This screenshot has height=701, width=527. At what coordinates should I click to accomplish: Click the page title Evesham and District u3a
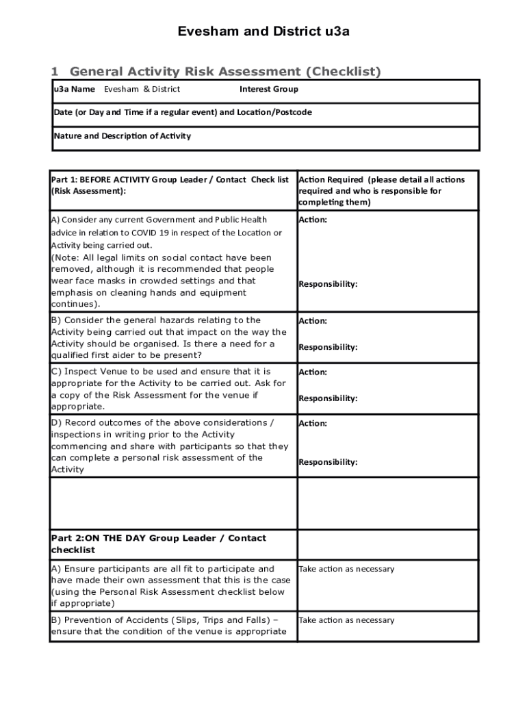[263, 31]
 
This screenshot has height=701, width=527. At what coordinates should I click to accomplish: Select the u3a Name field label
[75, 89]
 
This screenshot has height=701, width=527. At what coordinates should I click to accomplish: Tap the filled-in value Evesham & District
[142, 89]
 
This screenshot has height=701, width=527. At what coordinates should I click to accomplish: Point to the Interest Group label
[268, 89]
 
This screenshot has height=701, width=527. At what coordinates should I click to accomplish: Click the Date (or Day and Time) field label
[183, 112]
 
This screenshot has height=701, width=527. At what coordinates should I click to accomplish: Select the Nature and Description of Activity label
[123, 136]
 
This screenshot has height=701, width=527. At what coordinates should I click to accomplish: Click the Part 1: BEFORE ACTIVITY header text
[170, 179]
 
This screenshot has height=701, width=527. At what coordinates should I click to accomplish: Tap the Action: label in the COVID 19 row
[313, 220]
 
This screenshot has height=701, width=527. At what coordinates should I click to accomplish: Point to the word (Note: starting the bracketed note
[65, 257]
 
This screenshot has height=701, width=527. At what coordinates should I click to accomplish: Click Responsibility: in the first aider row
[328, 347]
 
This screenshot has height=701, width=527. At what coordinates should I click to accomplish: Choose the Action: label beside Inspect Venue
[313, 372]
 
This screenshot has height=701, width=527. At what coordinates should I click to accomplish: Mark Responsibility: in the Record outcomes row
[328, 462]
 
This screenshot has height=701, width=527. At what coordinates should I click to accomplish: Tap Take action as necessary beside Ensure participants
[346, 569]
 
